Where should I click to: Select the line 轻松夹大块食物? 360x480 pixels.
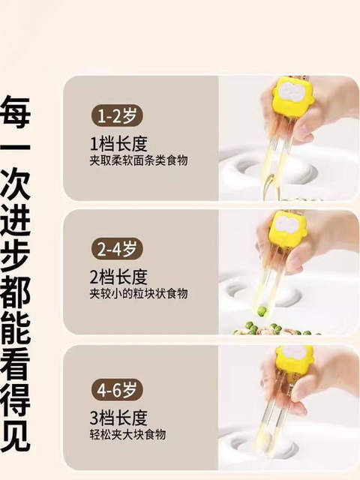pyautogui.click(x=127, y=434)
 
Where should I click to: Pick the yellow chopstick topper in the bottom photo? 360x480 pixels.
pyautogui.click(x=293, y=358)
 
